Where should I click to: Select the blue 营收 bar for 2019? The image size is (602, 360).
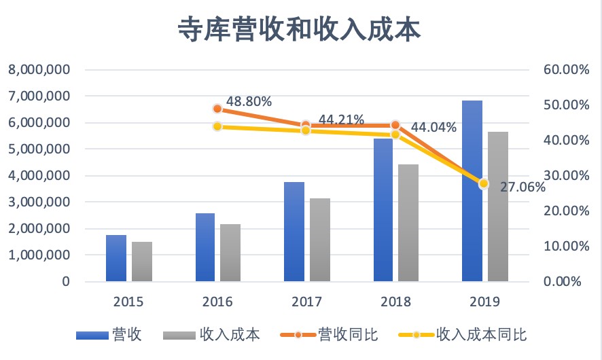click(x=472, y=191)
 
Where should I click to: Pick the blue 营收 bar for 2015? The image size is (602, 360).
click(x=116, y=258)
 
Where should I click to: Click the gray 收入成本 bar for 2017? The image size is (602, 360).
click(x=319, y=240)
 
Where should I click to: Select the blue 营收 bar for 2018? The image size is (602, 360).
click(x=383, y=209)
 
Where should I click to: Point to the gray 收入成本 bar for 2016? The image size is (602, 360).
click(x=230, y=253)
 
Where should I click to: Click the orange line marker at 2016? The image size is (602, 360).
click(x=217, y=109)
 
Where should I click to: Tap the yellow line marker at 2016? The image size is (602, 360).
click(x=217, y=126)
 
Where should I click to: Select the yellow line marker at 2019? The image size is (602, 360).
click(x=484, y=183)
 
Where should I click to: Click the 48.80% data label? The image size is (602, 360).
click(x=249, y=102)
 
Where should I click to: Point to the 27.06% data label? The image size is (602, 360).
click(x=523, y=187)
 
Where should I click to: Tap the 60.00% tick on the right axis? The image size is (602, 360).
click(x=563, y=70)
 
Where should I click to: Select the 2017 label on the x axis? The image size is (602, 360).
click(x=306, y=302)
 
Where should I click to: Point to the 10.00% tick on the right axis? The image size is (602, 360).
click(x=563, y=246)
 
